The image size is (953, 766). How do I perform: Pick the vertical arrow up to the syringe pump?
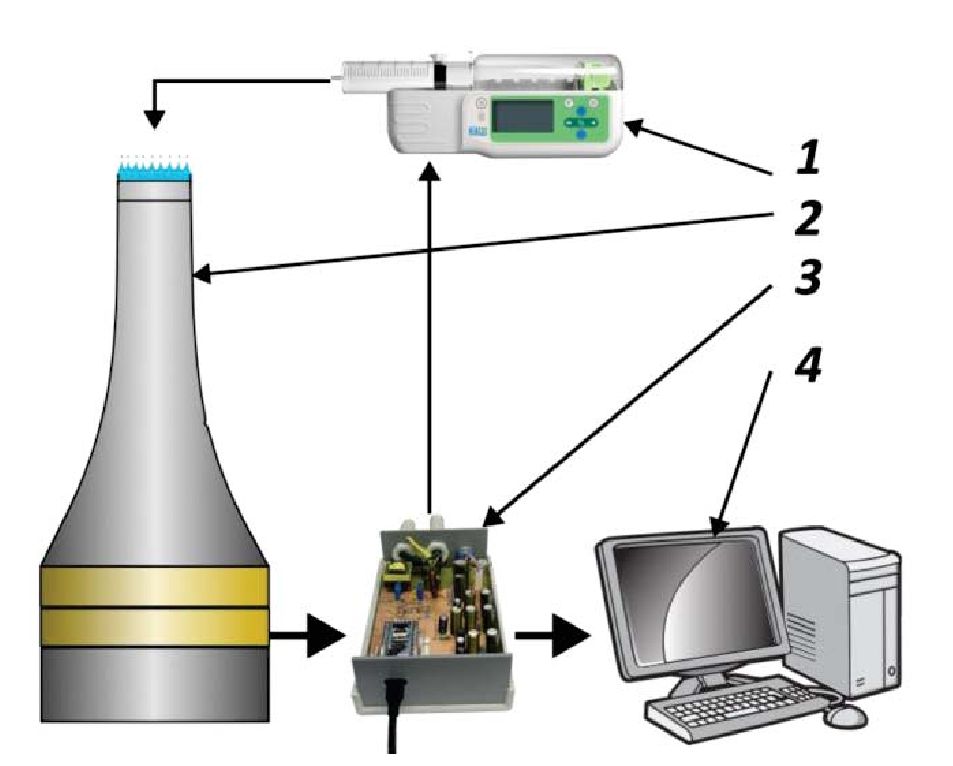coord(431,340)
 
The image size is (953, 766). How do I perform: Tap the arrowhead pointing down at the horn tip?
coord(154,118)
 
